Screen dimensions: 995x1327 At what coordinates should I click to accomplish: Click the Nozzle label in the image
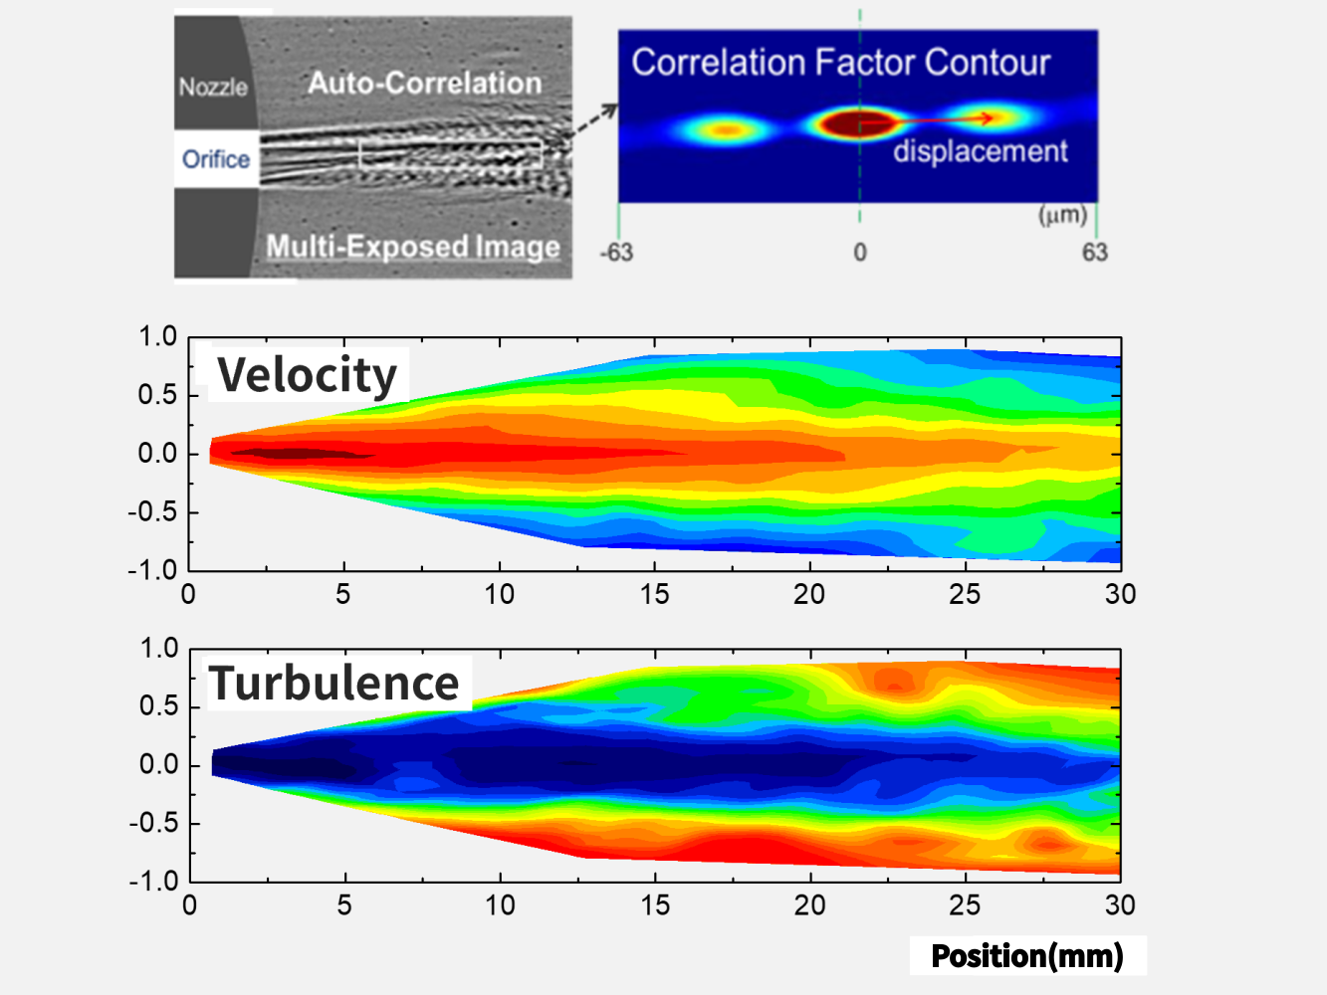(213, 88)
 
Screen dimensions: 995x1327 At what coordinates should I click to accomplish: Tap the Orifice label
(216, 159)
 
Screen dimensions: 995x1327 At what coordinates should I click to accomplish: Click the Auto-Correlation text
(425, 83)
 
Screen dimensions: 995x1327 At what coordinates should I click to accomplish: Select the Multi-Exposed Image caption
(413, 247)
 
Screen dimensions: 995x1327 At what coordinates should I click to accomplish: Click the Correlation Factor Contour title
(840, 63)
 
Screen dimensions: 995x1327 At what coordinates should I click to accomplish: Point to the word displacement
(980, 151)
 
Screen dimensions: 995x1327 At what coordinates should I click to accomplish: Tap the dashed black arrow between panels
(595, 121)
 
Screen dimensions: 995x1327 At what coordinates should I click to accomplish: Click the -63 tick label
(616, 253)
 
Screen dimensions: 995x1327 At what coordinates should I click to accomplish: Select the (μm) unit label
(1062, 215)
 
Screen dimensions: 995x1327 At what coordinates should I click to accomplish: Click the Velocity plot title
(308, 375)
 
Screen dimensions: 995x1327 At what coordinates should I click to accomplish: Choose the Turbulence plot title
(334, 684)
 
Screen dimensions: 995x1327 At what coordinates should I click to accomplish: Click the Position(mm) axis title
(1027, 956)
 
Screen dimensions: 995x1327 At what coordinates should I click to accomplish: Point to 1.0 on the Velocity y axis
(157, 337)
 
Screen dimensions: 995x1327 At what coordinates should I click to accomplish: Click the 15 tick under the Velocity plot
(654, 595)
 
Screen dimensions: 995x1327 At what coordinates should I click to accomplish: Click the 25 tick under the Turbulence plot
(965, 905)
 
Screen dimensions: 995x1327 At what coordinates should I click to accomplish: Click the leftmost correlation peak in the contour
(728, 129)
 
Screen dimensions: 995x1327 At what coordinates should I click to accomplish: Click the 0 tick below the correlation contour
(860, 253)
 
